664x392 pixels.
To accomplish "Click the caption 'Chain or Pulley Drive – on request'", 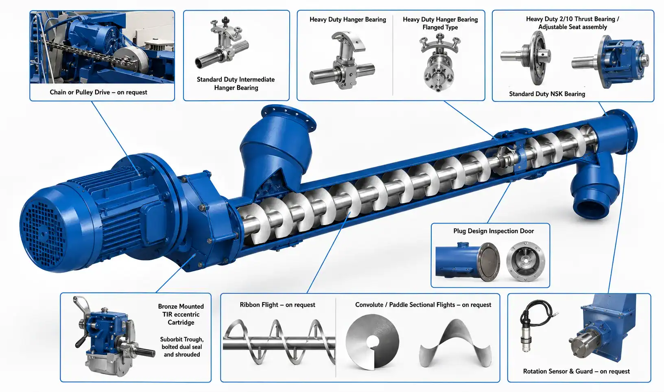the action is pyautogui.click(x=98, y=92).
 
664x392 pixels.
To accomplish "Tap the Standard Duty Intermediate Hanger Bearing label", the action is pyautogui.click(x=236, y=83).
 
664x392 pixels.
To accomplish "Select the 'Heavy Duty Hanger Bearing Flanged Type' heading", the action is pyautogui.click(x=440, y=23).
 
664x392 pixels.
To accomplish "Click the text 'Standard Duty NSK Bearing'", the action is pyautogui.click(x=547, y=94).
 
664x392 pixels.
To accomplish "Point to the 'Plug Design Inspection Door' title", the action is pyautogui.click(x=494, y=231).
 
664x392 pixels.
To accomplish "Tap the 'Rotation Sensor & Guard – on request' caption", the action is pyautogui.click(x=576, y=371).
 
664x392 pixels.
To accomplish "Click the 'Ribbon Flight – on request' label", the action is pyautogui.click(x=277, y=305).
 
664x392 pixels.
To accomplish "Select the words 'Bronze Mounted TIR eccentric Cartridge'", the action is pyautogui.click(x=181, y=314).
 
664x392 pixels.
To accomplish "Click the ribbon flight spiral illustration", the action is pyautogui.click(x=279, y=342).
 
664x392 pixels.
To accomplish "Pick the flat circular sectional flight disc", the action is pyautogui.click(x=372, y=342).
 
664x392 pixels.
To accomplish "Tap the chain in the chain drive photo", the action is pyautogui.click(x=89, y=53).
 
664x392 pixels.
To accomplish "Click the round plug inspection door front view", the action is pyautogui.click(x=526, y=261).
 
